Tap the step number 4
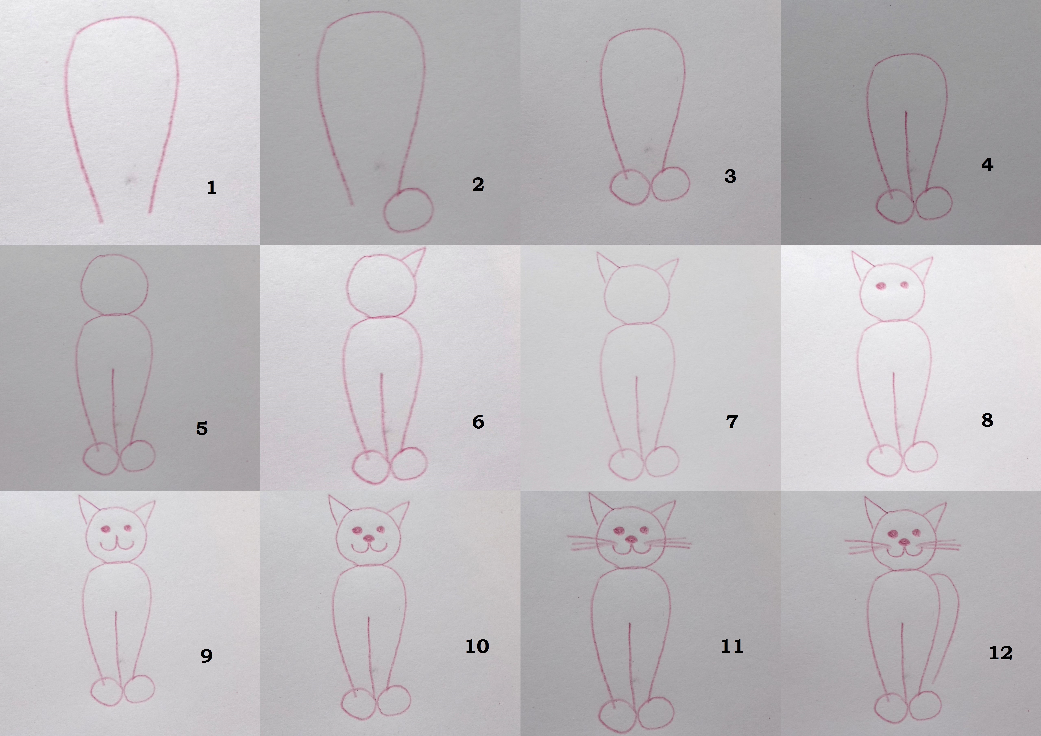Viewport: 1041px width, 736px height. (987, 165)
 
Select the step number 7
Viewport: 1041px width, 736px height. (732, 422)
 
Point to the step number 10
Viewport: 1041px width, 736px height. (477, 646)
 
